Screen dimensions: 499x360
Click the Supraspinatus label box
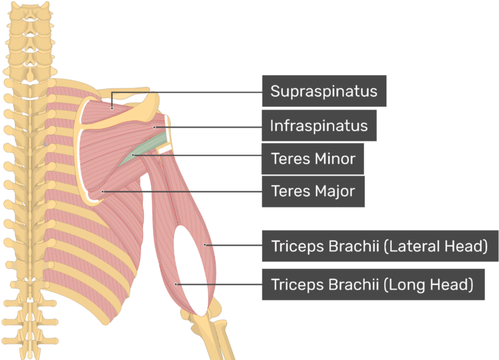click(x=324, y=91)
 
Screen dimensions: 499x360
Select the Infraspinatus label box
click(x=319, y=126)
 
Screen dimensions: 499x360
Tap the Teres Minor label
click(x=313, y=159)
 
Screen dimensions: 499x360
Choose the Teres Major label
click(x=313, y=191)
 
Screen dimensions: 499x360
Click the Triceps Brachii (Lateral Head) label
click(x=380, y=246)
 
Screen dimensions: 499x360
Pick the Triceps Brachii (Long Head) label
click(x=373, y=284)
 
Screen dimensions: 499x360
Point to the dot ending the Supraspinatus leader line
click(x=111, y=109)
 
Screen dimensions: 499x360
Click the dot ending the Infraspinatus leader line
click(x=155, y=128)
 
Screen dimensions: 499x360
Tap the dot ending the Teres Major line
click(x=103, y=192)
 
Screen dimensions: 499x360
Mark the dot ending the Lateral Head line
click(x=205, y=245)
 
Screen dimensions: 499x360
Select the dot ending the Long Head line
click(x=176, y=284)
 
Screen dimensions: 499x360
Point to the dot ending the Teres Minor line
click(x=133, y=155)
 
